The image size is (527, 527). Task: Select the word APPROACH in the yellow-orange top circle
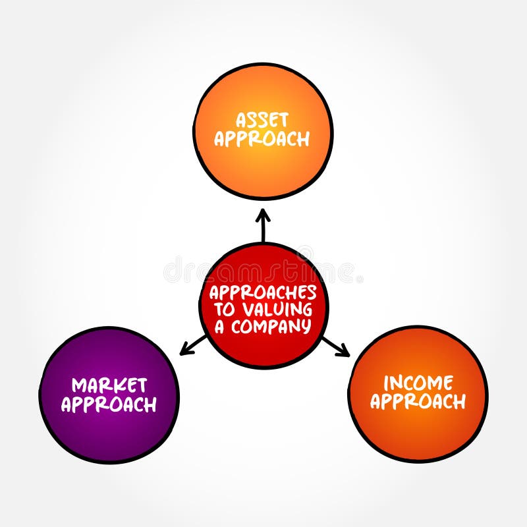tap(262, 139)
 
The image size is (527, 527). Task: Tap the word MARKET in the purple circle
tap(109, 385)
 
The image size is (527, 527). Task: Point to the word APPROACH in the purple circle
tap(109, 404)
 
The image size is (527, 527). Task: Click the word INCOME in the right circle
tap(418, 382)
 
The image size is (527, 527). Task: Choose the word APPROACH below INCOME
tap(418, 401)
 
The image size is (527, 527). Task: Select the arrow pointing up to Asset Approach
tap(263, 225)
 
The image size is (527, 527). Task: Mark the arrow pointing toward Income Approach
tap(335, 347)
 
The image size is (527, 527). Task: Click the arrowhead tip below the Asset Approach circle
tap(263, 211)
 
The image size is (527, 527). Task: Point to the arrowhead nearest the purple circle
tap(182, 353)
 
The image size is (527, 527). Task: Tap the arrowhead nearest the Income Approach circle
tap(347, 354)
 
